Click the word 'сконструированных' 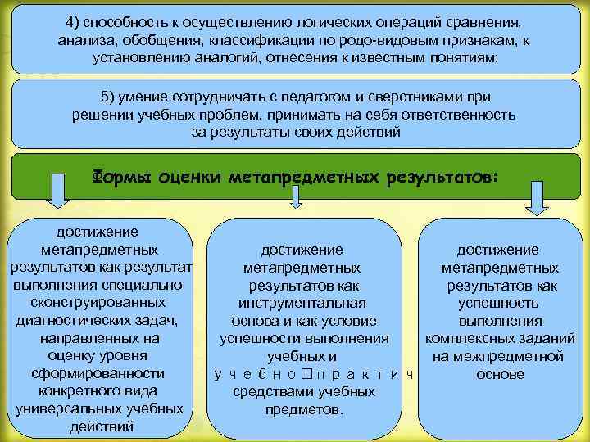97,302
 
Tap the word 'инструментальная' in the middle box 302,303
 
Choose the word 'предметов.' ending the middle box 304,409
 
